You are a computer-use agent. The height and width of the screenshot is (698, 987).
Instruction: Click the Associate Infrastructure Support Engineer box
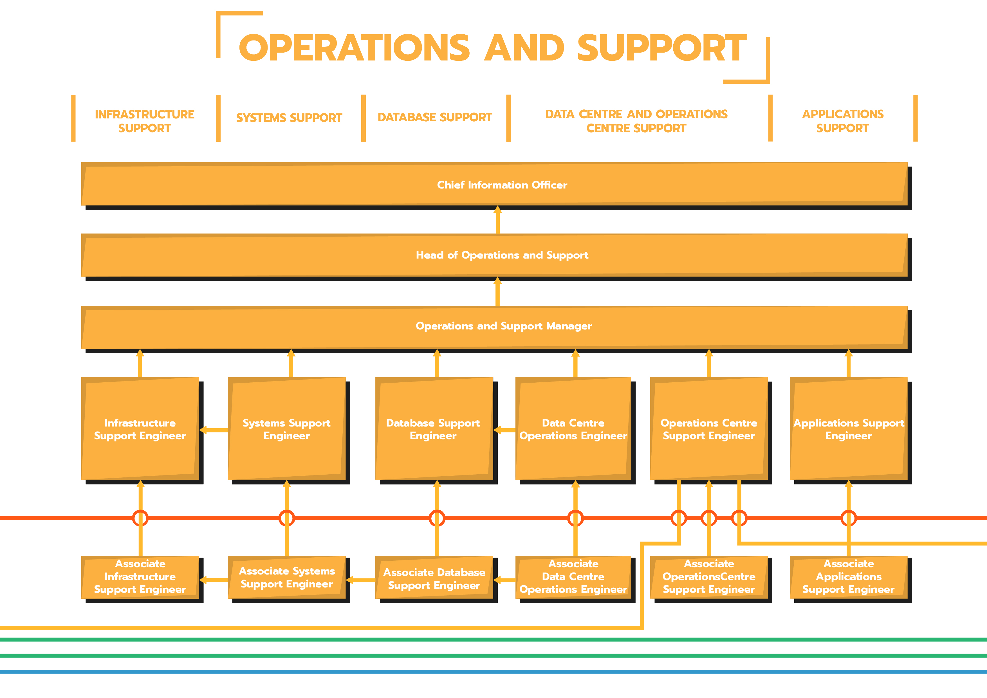pos(140,577)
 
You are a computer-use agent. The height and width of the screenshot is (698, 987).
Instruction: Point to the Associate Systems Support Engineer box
pos(286,577)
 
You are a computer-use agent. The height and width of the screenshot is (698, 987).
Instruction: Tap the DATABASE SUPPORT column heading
pos(435,117)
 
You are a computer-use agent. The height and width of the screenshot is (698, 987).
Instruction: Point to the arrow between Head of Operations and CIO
pos(497,221)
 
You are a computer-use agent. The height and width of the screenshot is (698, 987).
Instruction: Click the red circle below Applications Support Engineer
pos(849,518)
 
